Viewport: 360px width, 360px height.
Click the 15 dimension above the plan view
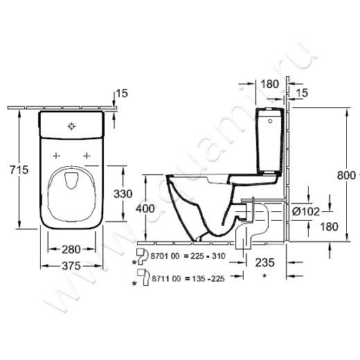coord(123,93)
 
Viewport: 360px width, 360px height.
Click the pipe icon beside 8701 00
coord(143,253)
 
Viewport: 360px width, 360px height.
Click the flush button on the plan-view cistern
coord(71,126)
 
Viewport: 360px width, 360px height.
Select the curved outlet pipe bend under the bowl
coord(245,234)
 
